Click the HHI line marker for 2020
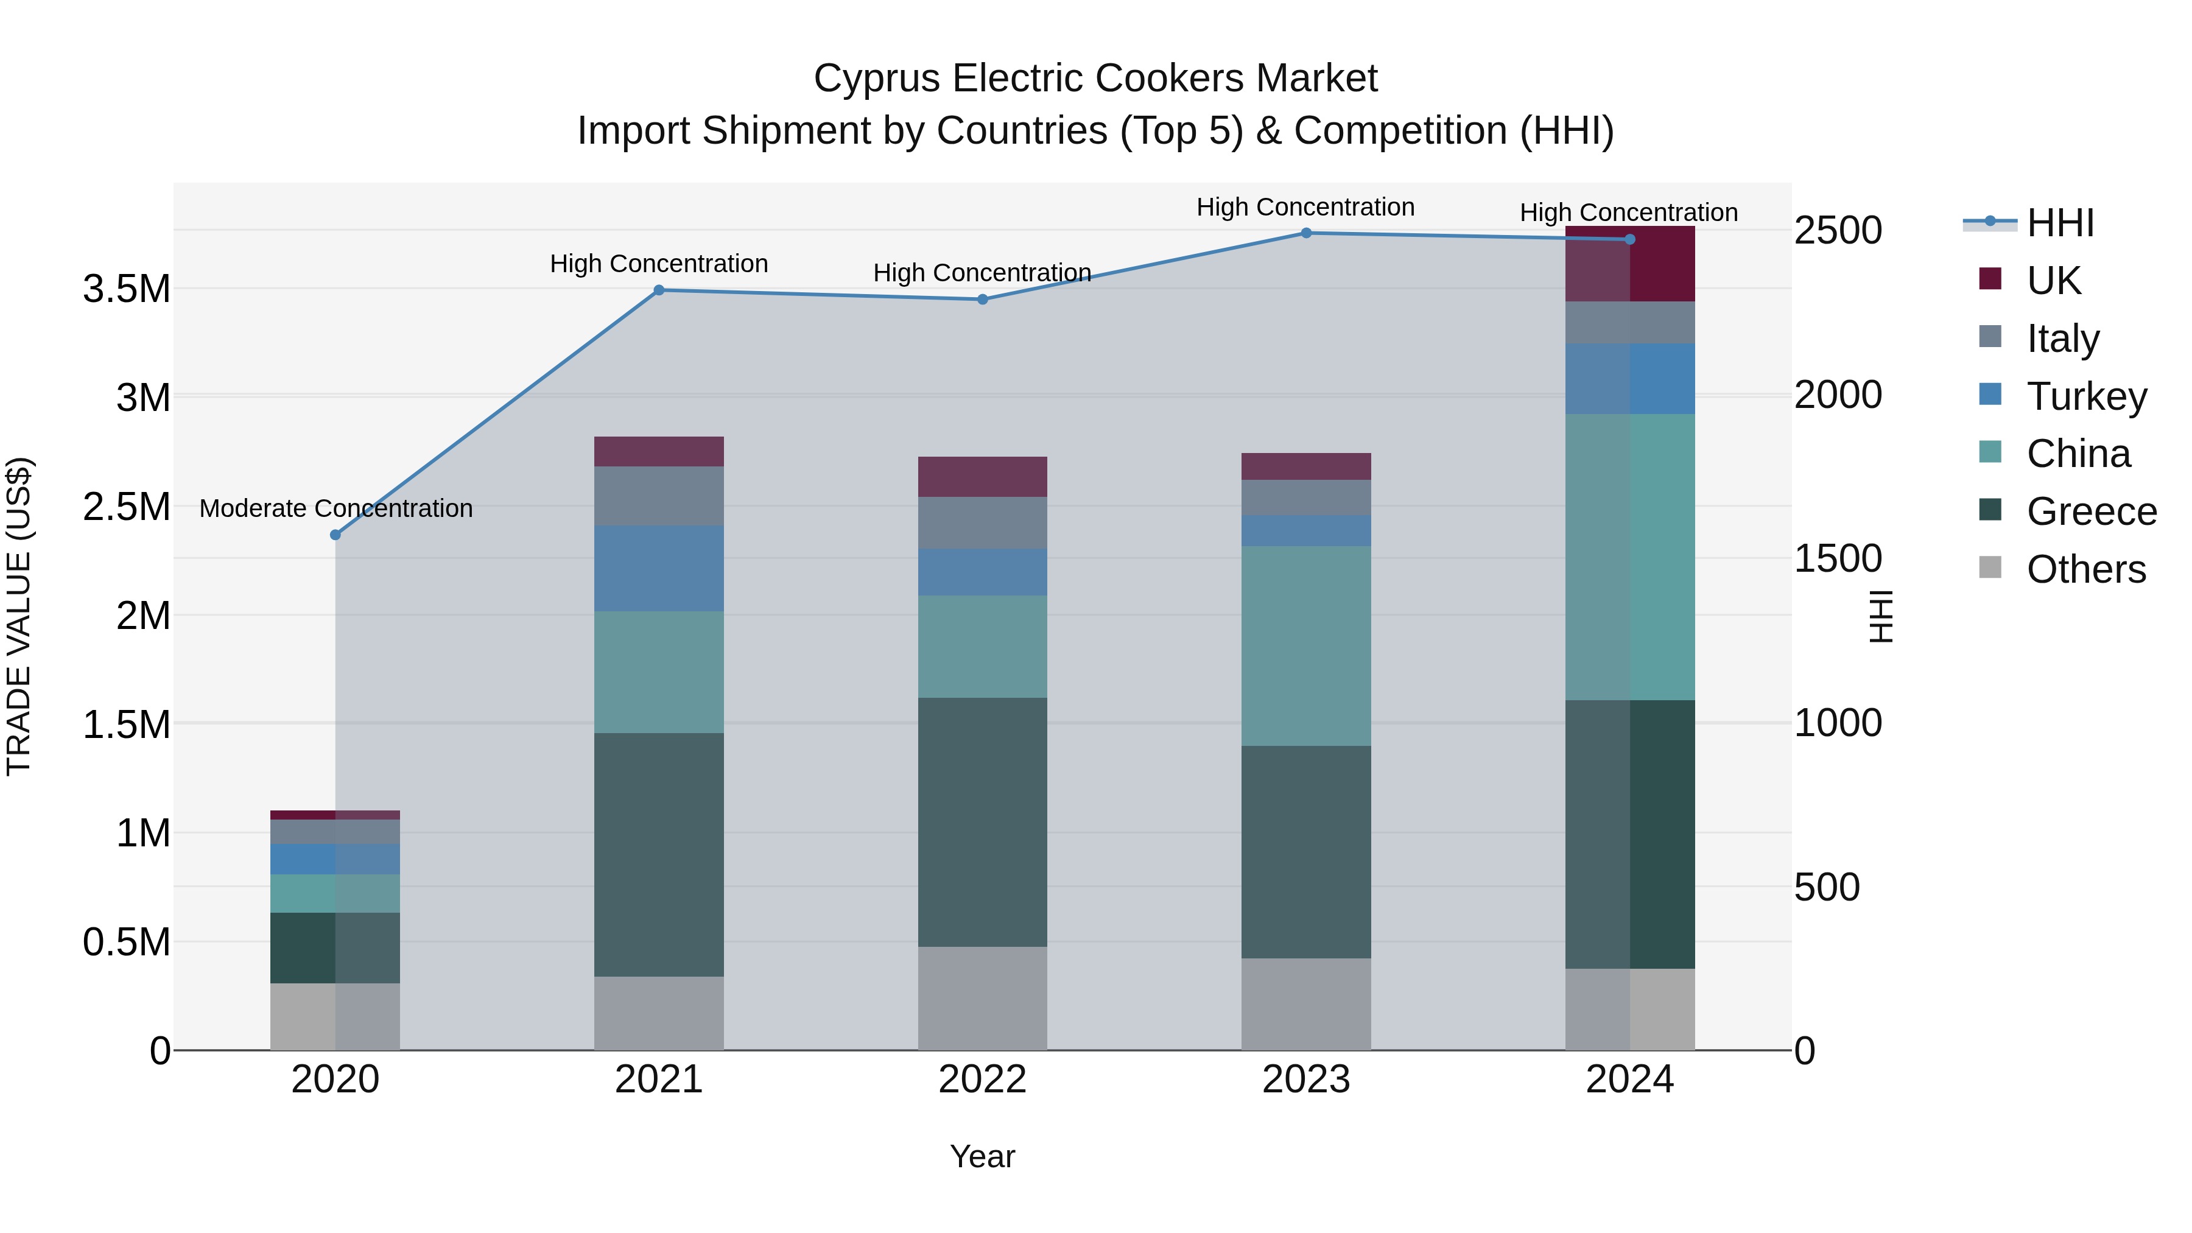tap(335, 535)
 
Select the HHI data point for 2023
tap(1306, 233)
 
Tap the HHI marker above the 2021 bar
tap(659, 290)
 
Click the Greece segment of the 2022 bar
tap(982, 821)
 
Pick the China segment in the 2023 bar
tap(1306, 646)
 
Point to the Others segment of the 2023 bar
tap(1306, 1004)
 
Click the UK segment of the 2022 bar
tap(982, 477)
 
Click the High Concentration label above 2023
tap(1305, 207)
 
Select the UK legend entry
tap(2053, 280)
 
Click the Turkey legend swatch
tap(1990, 395)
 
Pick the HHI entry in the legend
tap(2059, 223)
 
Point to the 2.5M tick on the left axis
tap(127, 507)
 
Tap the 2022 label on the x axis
tap(982, 1079)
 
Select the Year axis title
tap(982, 1156)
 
